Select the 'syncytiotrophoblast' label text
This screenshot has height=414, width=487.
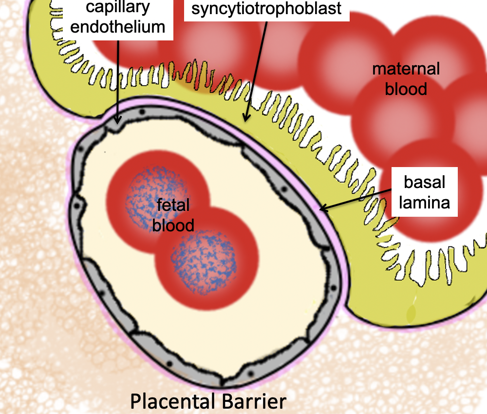[x=266, y=8]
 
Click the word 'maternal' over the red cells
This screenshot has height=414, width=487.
[x=406, y=69]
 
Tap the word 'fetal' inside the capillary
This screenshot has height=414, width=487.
[x=173, y=205]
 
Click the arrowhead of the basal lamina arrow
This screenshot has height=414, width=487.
[x=321, y=209]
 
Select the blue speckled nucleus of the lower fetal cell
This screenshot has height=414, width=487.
[x=204, y=258]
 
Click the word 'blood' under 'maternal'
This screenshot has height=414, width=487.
[x=406, y=89]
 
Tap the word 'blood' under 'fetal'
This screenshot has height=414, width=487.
[x=173, y=225]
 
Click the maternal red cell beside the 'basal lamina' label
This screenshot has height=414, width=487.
[x=429, y=229]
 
